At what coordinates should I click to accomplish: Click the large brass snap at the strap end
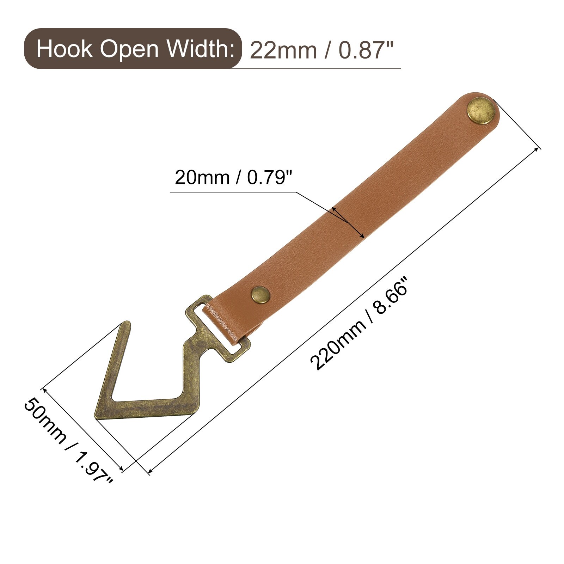pos(481,110)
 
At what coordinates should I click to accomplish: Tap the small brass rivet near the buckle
pos(260,294)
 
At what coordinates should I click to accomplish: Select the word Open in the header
pos(129,49)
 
